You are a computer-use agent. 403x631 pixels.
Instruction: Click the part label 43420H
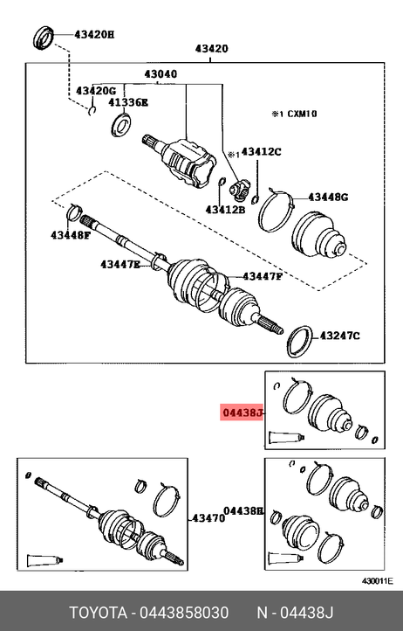pyautogui.click(x=94, y=35)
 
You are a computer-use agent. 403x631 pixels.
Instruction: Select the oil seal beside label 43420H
pyautogui.click(x=42, y=38)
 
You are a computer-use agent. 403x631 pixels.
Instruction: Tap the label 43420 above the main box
pyautogui.click(x=211, y=49)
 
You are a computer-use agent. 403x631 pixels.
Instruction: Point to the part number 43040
pyautogui.click(x=161, y=74)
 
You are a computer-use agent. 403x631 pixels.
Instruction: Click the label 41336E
pyautogui.click(x=127, y=102)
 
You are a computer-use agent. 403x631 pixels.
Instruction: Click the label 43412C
pyautogui.click(x=261, y=152)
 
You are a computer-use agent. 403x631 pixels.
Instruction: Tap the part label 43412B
pyautogui.click(x=225, y=210)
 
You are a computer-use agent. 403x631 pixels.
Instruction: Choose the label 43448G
pyautogui.click(x=328, y=198)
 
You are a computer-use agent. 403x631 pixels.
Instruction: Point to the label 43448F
pyautogui.click(x=71, y=235)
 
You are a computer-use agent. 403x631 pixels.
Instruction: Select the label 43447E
pyautogui.click(x=120, y=265)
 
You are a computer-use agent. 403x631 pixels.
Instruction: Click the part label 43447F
pyautogui.click(x=263, y=276)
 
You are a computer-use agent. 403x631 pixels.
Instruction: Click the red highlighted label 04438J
pyautogui.click(x=242, y=413)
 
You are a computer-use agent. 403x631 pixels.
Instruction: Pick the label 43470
pyautogui.click(x=208, y=518)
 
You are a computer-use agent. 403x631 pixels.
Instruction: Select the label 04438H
pyautogui.click(x=243, y=511)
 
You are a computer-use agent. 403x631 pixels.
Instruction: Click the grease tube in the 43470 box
pyautogui.click(x=45, y=560)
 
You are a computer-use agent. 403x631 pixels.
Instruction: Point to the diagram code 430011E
pyautogui.click(x=378, y=581)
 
